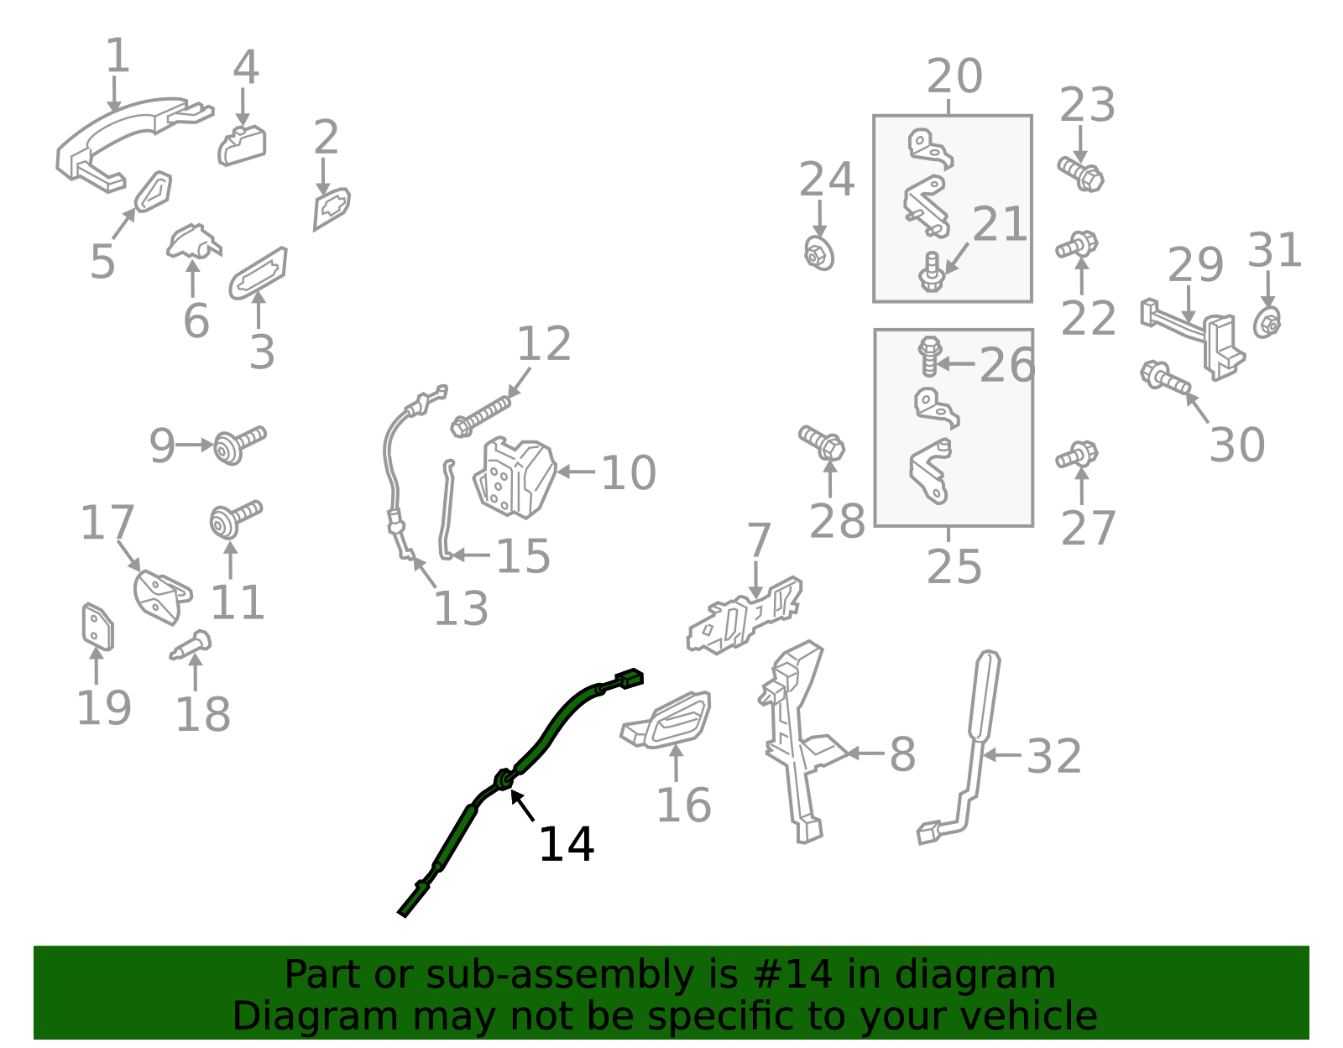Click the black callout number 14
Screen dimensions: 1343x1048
point(566,844)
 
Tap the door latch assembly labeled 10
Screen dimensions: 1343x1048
point(515,477)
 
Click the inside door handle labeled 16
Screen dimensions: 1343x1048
point(666,720)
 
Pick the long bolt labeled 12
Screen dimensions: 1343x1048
point(481,417)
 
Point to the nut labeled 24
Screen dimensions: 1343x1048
point(819,253)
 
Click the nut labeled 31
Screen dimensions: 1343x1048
point(1267,323)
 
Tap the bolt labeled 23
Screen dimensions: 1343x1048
point(1080,174)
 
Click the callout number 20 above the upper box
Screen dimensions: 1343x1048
point(954,76)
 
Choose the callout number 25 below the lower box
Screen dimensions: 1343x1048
point(954,567)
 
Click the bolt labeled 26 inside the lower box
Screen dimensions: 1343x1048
point(929,357)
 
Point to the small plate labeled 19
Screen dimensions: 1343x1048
point(97,627)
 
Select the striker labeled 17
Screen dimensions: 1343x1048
point(162,596)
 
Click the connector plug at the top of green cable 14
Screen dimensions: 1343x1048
point(630,679)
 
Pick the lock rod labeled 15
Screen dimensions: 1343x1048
point(447,510)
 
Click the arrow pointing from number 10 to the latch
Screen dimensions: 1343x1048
point(576,472)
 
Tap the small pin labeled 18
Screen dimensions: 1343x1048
point(191,645)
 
